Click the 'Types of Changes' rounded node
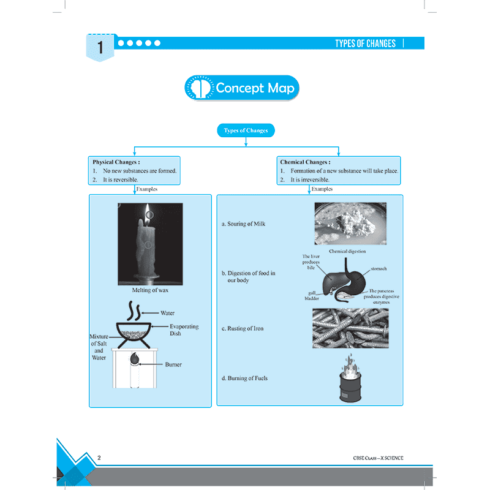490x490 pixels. tap(246, 130)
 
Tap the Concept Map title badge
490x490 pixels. tap(241, 88)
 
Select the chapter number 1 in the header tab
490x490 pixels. tap(100, 48)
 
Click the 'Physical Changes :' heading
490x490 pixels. tap(116, 162)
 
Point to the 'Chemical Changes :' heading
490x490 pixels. tap(305, 162)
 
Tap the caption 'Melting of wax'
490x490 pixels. tap(150, 290)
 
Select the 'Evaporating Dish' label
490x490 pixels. tap(184, 330)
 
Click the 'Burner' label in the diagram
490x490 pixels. tap(173, 364)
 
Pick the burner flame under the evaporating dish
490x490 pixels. tap(134, 358)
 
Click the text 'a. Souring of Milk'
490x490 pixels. tap(243, 224)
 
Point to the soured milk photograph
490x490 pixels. tap(350, 224)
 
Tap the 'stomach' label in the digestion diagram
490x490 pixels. tap(379, 268)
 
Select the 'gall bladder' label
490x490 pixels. tap(312, 296)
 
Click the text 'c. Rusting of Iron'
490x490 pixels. tap(243, 328)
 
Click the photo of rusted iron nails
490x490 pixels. tap(350, 328)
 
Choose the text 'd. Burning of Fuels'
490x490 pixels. tap(244, 378)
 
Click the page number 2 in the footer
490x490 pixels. tap(99, 458)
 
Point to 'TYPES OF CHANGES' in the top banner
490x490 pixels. tap(365, 43)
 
